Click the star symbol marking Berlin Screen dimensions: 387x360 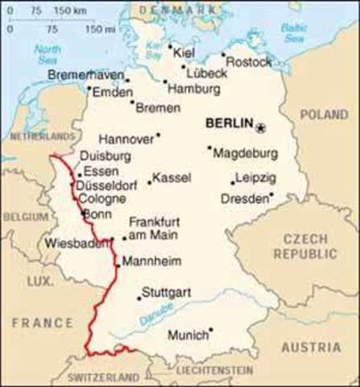260,127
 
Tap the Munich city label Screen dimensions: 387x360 187,335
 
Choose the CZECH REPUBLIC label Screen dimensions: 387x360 304,247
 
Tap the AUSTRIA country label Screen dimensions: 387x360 310,347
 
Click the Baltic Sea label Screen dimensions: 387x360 295,32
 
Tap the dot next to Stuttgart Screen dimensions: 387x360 139,298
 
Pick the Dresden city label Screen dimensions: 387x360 244,198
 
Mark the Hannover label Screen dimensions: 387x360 126,137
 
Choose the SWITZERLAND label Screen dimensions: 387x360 103,377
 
